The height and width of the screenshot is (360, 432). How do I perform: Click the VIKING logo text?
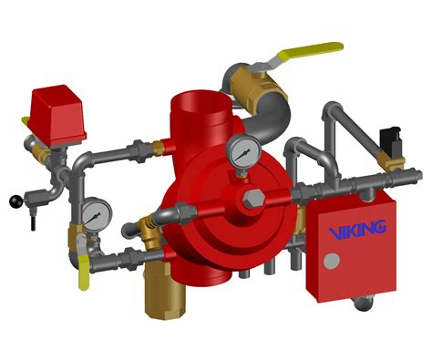click(x=357, y=229)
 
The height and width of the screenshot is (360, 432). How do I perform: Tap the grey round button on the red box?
click(x=332, y=261)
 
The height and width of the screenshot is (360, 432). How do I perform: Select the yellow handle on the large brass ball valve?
click(x=310, y=51)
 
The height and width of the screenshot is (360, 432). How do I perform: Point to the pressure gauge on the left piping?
click(x=97, y=214)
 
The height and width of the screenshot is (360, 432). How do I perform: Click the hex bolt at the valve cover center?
click(x=253, y=199)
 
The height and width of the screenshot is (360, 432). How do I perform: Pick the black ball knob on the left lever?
click(x=16, y=202)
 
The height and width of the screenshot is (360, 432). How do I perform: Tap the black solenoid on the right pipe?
click(x=391, y=142)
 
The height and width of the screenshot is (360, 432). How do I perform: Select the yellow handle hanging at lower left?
click(x=84, y=273)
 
